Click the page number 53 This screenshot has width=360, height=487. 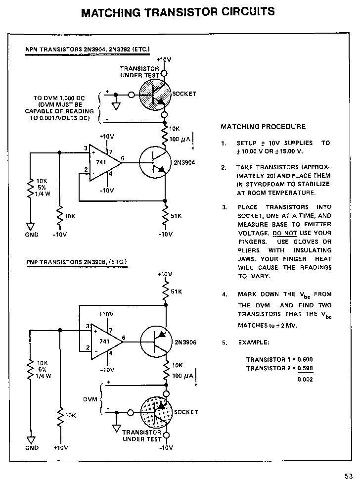click(349, 476)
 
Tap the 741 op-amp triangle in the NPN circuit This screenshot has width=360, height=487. click(104, 161)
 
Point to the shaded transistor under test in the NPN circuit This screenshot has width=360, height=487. click(154, 95)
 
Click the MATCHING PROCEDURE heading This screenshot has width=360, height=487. click(263, 127)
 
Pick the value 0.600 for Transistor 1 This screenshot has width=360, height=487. click(305, 360)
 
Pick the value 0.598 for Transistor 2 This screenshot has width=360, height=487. click(305, 369)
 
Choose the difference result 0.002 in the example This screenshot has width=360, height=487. click(305, 380)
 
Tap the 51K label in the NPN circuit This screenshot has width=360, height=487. click(176, 216)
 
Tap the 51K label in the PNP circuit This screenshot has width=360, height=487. click(177, 292)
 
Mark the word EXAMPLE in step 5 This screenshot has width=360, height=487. click(254, 342)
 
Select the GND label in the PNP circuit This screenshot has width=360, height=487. click(32, 448)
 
